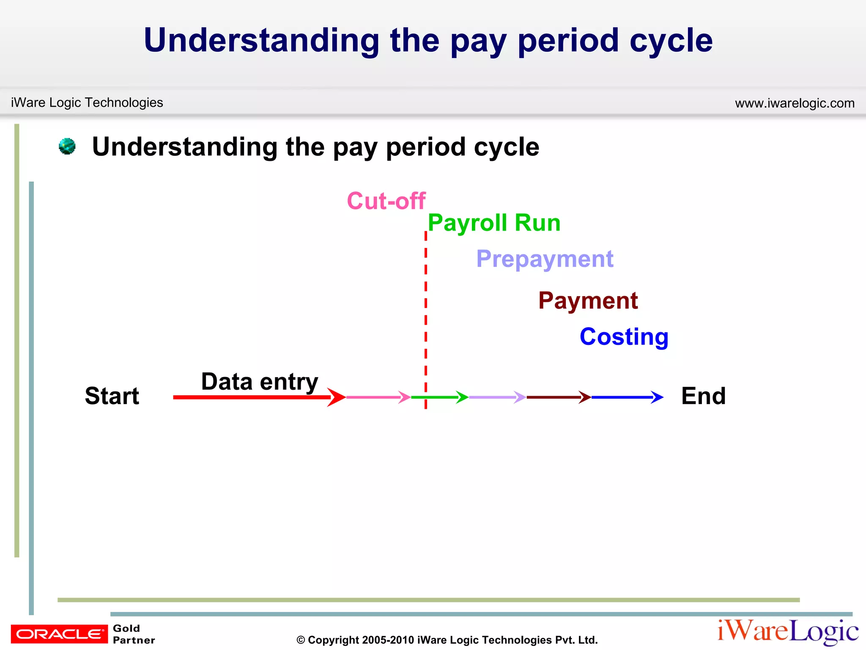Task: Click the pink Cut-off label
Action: pyautogui.click(x=386, y=201)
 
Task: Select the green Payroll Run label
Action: pyautogui.click(x=494, y=223)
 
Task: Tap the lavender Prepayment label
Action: pyautogui.click(x=545, y=259)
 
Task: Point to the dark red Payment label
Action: pyautogui.click(x=588, y=301)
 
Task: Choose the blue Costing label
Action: pyautogui.click(x=624, y=337)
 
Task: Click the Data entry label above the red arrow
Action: pyautogui.click(x=259, y=382)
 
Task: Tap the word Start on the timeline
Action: pyautogui.click(x=112, y=396)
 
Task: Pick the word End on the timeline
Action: pyautogui.click(x=703, y=396)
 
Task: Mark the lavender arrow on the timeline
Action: pyautogui.click(x=497, y=397)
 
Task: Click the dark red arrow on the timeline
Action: pyautogui.click(x=558, y=397)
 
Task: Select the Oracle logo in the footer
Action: pyautogui.click(x=59, y=633)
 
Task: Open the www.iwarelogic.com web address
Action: pyautogui.click(x=795, y=103)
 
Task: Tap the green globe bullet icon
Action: pyautogui.click(x=67, y=146)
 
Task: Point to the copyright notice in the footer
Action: pyautogui.click(x=447, y=640)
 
